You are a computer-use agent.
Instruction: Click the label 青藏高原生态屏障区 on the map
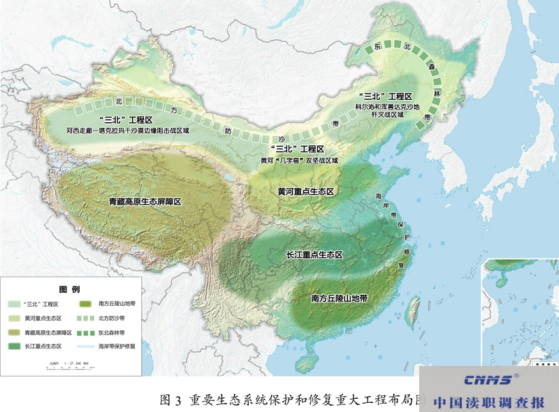(145, 202)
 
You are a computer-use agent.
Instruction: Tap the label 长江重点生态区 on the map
(315, 256)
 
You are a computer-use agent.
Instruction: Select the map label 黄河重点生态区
(307, 191)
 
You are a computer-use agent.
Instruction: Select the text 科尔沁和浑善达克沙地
(386, 107)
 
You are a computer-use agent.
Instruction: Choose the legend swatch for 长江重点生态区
(14, 346)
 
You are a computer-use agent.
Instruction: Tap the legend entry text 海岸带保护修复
(117, 346)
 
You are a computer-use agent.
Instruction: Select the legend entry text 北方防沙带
(112, 318)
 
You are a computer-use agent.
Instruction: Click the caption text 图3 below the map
(170, 399)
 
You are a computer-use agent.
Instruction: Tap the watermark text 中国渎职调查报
(488, 402)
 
